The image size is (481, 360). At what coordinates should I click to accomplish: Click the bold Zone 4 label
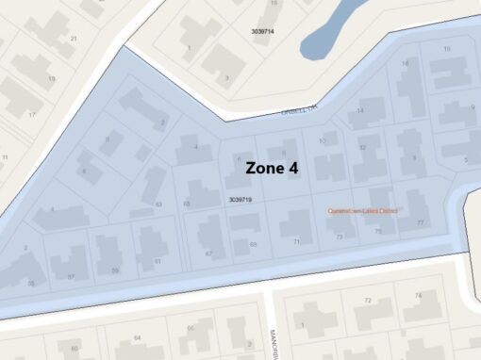tap(272, 168)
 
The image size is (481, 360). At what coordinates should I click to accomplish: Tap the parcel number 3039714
tap(263, 31)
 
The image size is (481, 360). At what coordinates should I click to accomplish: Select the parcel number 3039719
tap(240, 200)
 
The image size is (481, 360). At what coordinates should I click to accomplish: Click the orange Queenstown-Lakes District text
tap(362, 210)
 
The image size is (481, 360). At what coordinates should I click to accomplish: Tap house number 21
tap(73, 39)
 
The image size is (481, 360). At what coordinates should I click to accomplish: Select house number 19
tap(52, 78)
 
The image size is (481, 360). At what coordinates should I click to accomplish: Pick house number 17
tap(31, 115)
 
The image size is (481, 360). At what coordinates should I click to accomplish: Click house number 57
tap(71, 277)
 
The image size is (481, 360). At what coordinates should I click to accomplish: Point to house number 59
tap(115, 270)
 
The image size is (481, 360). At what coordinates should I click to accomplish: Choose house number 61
tap(158, 261)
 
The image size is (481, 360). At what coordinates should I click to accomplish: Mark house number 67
tap(208, 254)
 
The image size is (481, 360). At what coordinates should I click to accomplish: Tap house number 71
tap(296, 242)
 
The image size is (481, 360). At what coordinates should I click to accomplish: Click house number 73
tap(340, 237)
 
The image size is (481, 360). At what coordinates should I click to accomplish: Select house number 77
tap(421, 222)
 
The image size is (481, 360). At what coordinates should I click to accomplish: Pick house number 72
tap(368, 299)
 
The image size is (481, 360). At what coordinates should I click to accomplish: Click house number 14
tap(359, 111)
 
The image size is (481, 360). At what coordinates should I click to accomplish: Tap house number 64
tap(137, 336)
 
